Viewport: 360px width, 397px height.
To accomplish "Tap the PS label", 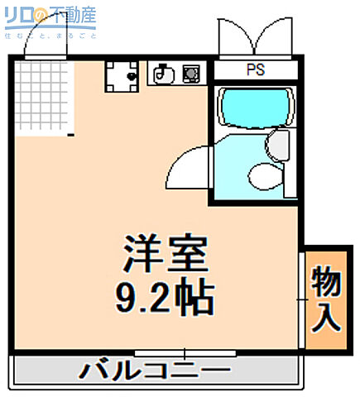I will (254, 71).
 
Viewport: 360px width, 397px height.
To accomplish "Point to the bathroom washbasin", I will (276, 146).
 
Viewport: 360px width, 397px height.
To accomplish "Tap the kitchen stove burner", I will (190, 74).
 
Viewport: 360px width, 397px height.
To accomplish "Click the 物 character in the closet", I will (326, 282).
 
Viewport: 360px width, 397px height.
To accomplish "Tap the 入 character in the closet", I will (326, 318).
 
